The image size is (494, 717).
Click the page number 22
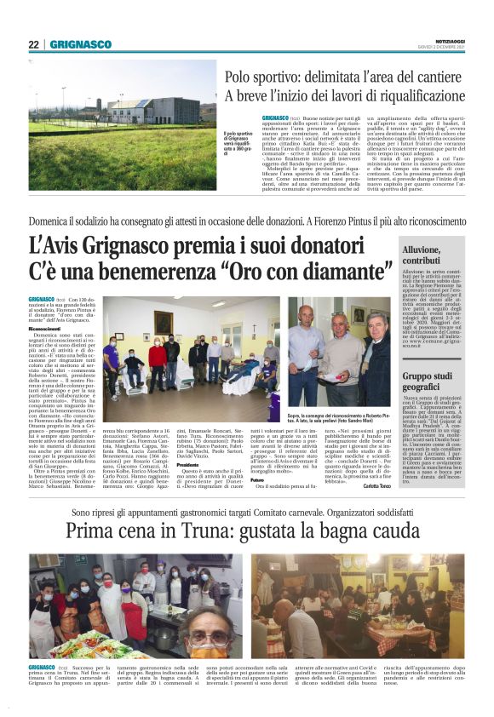(33, 44)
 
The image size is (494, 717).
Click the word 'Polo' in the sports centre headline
(241, 77)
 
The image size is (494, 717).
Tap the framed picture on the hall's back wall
(162, 322)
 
